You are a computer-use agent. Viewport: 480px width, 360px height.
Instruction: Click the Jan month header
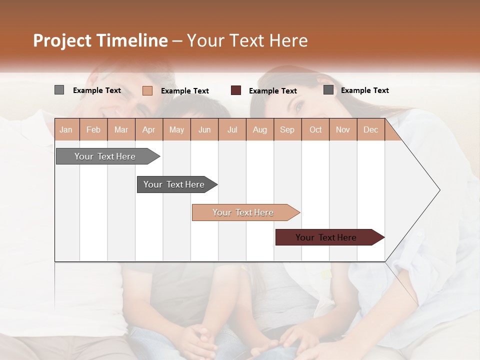(x=66, y=129)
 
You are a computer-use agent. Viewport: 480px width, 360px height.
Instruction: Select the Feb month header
(x=93, y=129)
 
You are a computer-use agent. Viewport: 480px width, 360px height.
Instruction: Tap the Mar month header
(x=121, y=129)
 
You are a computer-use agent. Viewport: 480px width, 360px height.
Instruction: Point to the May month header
(x=176, y=129)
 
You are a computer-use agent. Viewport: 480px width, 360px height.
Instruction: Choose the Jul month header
(x=232, y=129)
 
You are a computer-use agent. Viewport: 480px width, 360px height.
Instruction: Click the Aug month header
(x=259, y=129)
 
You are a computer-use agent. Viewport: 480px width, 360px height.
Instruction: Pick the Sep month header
(x=287, y=129)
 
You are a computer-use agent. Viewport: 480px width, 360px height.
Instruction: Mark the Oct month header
(x=315, y=129)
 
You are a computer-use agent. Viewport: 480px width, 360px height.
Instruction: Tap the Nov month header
(x=342, y=129)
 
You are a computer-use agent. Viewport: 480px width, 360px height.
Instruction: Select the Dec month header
(x=370, y=129)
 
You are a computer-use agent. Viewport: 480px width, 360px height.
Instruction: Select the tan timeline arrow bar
(x=243, y=212)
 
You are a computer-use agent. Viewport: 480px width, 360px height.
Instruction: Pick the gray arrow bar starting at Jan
(x=105, y=156)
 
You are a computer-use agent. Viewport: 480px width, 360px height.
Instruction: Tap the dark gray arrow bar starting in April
(x=174, y=184)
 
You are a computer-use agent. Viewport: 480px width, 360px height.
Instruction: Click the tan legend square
(x=147, y=90)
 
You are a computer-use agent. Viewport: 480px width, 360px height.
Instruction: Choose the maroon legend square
(x=236, y=90)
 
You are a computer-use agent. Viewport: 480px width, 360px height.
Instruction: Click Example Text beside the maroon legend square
(x=273, y=91)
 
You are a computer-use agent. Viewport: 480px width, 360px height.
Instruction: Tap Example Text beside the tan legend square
(x=185, y=91)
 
